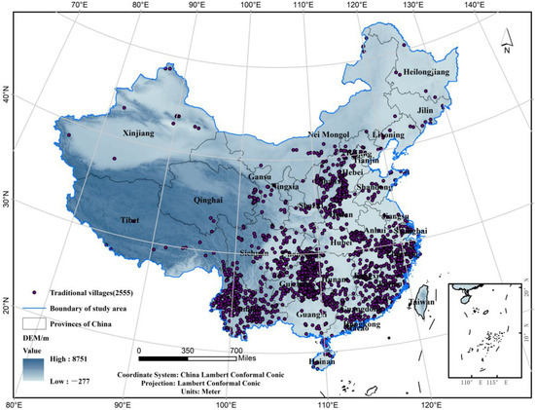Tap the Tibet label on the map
[x=129, y=221]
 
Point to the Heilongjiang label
[x=428, y=73]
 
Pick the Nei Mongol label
[x=327, y=134]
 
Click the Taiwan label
[x=421, y=302]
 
